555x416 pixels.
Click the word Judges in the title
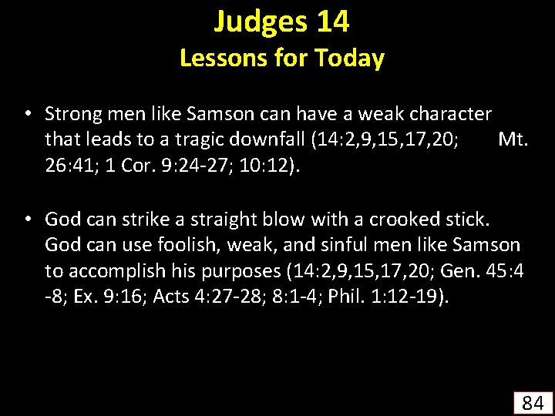coord(259,22)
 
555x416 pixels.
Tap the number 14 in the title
coord(332,22)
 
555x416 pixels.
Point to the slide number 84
coord(533,401)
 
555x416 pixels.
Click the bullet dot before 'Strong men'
coord(27,114)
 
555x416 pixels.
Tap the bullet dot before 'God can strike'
coord(27,219)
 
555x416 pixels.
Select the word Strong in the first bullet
coord(70,114)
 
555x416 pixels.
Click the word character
coord(449,114)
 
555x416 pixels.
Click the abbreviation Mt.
coord(513,139)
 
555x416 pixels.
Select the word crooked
coord(405,219)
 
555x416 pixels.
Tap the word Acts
coord(174,297)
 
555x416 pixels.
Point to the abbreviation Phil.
coord(345,297)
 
